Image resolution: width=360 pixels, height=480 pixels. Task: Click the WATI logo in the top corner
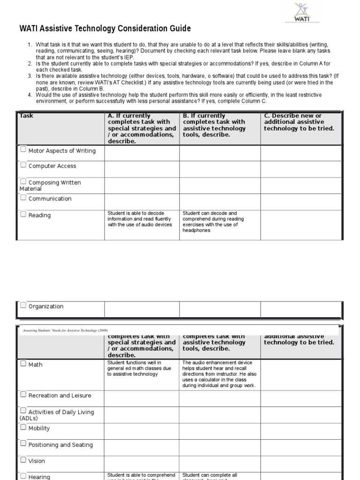click(x=302, y=13)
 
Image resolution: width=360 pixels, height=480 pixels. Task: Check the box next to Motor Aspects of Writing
click(x=23, y=150)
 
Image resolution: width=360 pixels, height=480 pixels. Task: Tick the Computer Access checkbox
click(x=23, y=165)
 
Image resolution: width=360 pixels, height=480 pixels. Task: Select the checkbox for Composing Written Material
click(x=23, y=181)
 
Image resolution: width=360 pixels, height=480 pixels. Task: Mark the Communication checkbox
click(x=23, y=198)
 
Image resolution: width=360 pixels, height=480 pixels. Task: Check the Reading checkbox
click(x=23, y=214)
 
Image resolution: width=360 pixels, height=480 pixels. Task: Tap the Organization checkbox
click(x=23, y=306)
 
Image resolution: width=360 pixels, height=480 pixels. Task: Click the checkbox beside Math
click(x=23, y=364)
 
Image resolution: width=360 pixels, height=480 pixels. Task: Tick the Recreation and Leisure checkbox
click(x=23, y=395)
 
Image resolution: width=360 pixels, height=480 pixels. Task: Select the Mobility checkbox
click(x=23, y=427)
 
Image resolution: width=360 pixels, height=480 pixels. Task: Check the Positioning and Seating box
click(x=23, y=444)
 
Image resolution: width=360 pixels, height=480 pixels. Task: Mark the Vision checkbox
click(x=23, y=460)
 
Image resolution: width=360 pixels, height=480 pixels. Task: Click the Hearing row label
click(x=39, y=477)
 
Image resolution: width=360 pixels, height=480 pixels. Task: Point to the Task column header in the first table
click(x=26, y=116)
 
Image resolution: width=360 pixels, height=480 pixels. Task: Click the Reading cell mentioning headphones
click(x=213, y=222)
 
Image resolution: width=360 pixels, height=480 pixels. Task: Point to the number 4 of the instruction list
click(x=30, y=95)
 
